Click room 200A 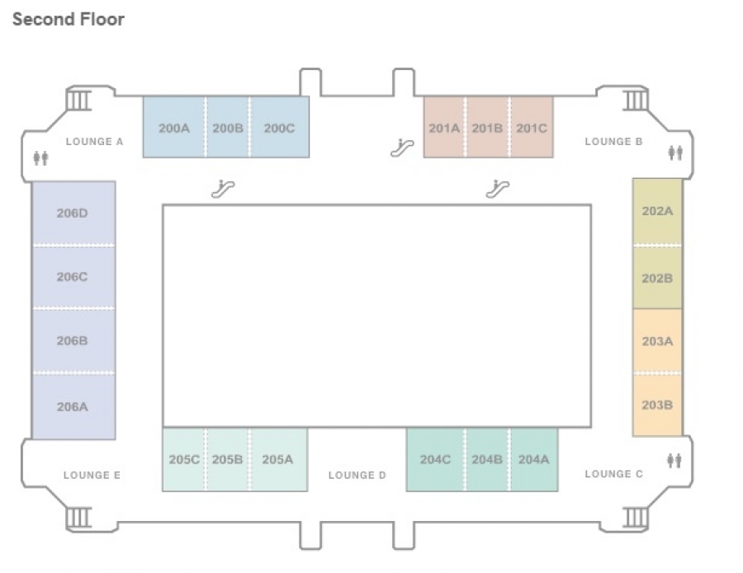[x=174, y=127]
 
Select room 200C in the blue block [x=280, y=127]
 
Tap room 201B [x=487, y=127]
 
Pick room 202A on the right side [x=657, y=212]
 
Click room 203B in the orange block [x=657, y=405]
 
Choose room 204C [x=435, y=459]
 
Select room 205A [x=278, y=459]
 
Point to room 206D [x=73, y=213]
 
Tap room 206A [x=73, y=406]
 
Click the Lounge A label [x=94, y=142]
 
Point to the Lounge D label [x=357, y=475]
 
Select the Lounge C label [x=613, y=474]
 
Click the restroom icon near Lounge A [x=40, y=158]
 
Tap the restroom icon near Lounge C [x=674, y=460]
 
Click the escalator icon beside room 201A [x=402, y=148]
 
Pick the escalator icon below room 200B [x=223, y=188]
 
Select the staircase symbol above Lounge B [x=635, y=100]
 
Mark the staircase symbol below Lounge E [x=78, y=517]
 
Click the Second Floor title [x=69, y=20]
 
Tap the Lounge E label [x=92, y=475]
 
